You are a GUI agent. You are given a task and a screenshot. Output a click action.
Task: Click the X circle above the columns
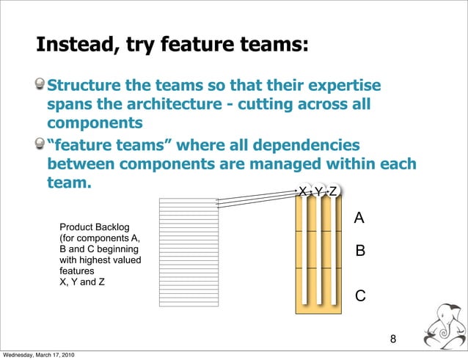click(x=302, y=191)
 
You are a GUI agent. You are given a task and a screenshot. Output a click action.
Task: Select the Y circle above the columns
click(x=318, y=191)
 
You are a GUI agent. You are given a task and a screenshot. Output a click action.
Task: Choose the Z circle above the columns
click(x=333, y=191)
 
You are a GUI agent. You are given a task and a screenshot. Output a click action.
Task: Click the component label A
click(x=359, y=218)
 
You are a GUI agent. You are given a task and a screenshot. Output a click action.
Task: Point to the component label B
click(x=359, y=251)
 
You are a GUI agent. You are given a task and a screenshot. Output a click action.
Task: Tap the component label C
click(x=359, y=295)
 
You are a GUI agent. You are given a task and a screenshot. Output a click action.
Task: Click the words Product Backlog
click(x=94, y=227)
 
